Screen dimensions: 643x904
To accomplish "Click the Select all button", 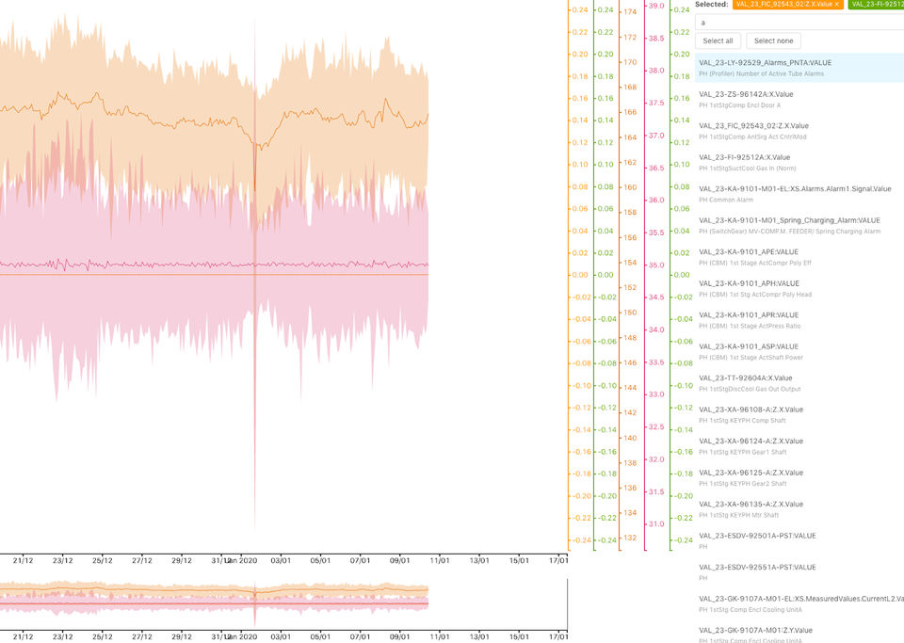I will [x=718, y=40].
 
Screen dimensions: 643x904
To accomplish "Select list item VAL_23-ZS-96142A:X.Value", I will [x=746, y=94].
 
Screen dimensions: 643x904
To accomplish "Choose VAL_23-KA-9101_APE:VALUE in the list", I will [x=748, y=251].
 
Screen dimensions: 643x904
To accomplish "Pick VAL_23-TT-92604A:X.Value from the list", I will [x=745, y=378].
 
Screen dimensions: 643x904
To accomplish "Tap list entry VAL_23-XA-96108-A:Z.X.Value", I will [x=751, y=410].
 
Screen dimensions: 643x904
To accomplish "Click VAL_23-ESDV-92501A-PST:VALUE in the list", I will [x=757, y=536].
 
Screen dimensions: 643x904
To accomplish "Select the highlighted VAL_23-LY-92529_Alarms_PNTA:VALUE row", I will [x=765, y=62].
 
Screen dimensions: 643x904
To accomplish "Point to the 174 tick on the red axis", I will [x=629, y=12].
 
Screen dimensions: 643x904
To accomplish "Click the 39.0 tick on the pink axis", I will [x=655, y=6].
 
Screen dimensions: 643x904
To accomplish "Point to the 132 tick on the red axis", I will [x=629, y=538].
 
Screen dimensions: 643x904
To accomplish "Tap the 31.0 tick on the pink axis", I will [x=655, y=523].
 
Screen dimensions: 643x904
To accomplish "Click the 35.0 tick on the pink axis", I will [x=655, y=265].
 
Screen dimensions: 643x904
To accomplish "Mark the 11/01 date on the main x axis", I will [x=440, y=560].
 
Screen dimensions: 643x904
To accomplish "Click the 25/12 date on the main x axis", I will [x=103, y=560].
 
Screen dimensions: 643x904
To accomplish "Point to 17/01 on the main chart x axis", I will [x=558, y=560].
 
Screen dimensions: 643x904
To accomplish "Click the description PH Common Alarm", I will [x=730, y=200].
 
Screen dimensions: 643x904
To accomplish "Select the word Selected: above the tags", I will [x=711, y=5].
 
